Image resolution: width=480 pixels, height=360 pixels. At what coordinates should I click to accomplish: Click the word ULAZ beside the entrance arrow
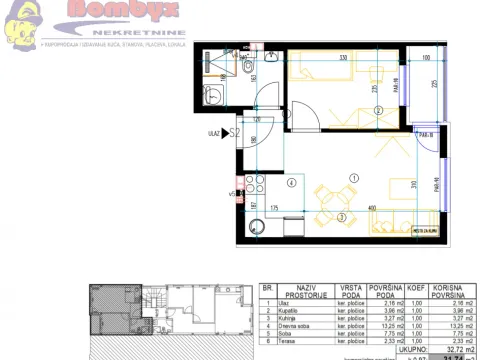point(213,131)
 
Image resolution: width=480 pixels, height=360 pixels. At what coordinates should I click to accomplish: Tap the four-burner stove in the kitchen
point(251,186)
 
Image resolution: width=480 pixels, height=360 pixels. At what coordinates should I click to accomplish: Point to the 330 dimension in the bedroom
point(342,59)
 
